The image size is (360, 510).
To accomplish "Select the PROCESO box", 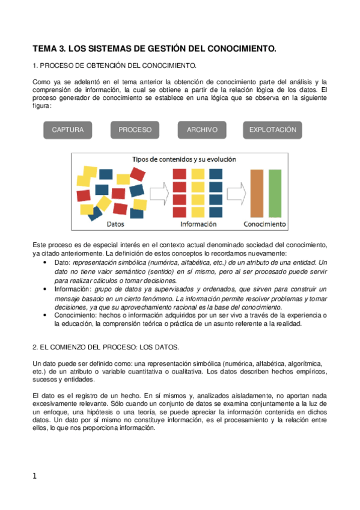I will [135, 130].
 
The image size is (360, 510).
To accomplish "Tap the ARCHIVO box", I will [201, 130].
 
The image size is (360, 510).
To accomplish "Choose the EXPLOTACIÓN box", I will [273, 130].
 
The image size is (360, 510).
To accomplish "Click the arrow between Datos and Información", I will [158, 194].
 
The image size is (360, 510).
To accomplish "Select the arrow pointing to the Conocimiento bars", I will [237, 194].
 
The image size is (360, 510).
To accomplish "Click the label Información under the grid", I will [198, 224].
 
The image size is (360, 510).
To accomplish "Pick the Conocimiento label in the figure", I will [264, 224].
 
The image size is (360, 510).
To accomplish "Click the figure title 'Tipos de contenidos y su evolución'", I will [184, 160].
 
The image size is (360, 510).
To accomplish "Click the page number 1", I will [35, 476].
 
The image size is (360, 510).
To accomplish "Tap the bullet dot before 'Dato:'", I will [47, 263].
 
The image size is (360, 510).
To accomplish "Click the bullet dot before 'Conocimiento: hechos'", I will [47, 315].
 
